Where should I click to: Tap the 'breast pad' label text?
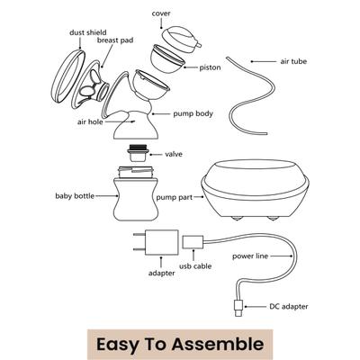click(116, 42)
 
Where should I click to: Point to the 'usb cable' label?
click(197, 266)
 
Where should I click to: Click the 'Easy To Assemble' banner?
click(180, 343)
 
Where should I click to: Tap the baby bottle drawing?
click(139, 197)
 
